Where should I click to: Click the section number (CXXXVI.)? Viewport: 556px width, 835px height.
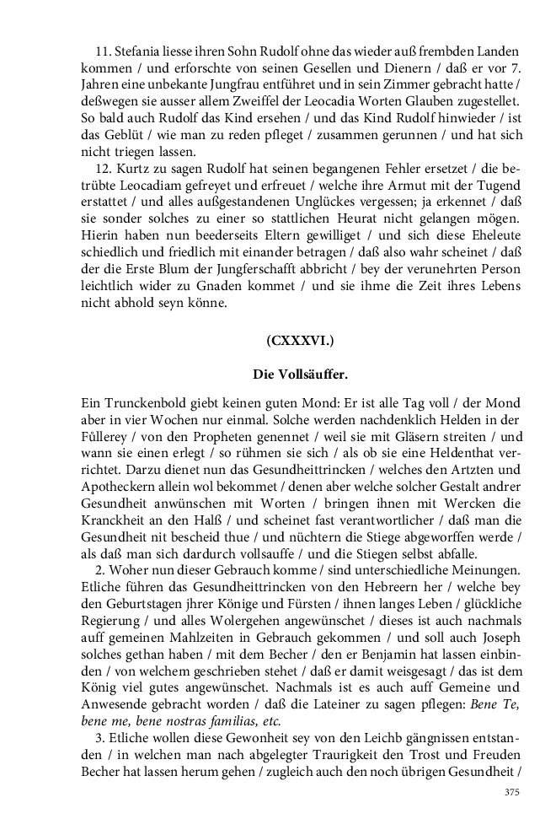click(301, 342)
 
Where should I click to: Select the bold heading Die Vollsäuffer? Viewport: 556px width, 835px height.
click(301, 373)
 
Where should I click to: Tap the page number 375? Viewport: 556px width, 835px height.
click(511, 792)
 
